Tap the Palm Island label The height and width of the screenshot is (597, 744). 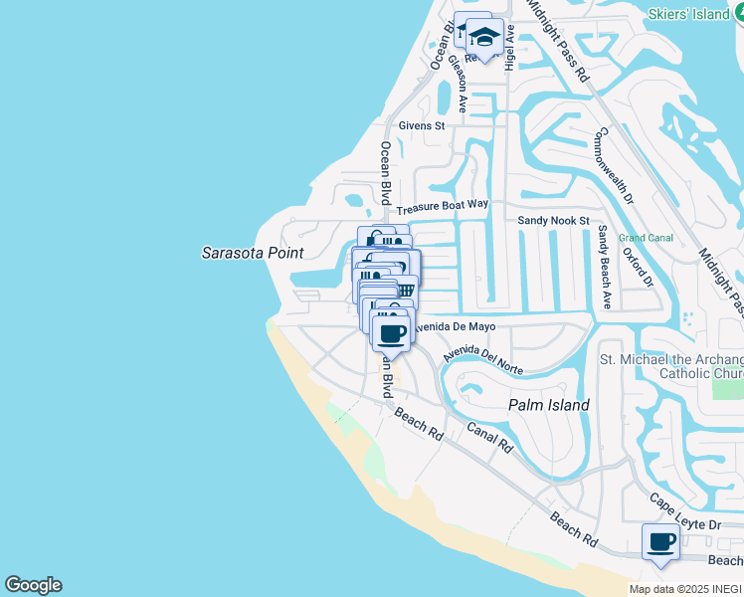click(x=549, y=405)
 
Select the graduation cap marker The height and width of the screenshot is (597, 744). click(x=484, y=37)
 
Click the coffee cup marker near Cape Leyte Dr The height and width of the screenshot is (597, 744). click(x=661, y=542)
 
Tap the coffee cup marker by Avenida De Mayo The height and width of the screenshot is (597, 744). click(x=392, y=331)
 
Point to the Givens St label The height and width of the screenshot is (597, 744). click(x=421, y=126)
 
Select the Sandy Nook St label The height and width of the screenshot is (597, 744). click(x=554, y=220)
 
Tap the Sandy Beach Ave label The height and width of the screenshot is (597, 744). click(x=603, y=267)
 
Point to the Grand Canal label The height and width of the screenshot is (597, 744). click(x=646, y=238)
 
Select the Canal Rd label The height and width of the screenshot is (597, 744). click(x=489, y=436)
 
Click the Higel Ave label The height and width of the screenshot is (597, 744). click(x=509, y=47)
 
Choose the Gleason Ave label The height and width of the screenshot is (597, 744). click(x=458, y=83)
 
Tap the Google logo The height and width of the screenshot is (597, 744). click(x=33, y=585)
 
